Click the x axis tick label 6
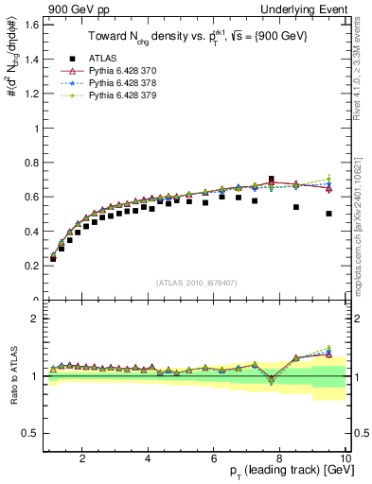pos(214,458)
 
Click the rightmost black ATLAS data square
pos(328,214)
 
